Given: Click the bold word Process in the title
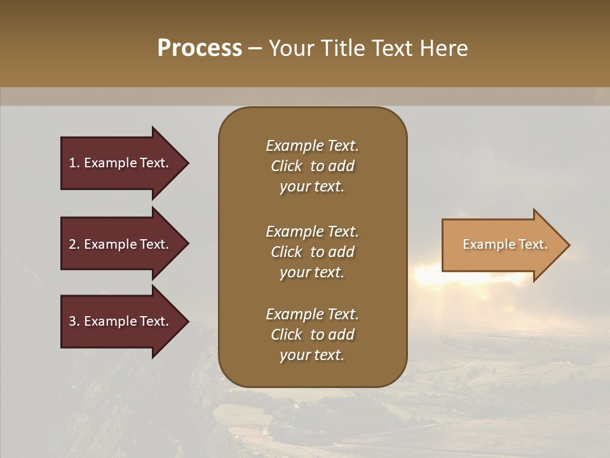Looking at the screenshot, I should tap(200, 48).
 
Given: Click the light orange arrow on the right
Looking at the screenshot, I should tap(502, 245).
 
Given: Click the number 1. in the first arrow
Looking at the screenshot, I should tap(74, 163).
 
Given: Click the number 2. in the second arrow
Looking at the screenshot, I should tap(74, 244).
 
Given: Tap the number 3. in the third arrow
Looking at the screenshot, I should tap(74, 321).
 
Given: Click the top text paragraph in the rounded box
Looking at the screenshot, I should tap(312, 166).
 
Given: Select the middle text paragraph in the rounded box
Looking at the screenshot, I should tap(312, 251).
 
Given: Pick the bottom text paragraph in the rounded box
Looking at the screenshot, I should tap(312, 335).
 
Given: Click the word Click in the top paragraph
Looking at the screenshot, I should tap(286, 166).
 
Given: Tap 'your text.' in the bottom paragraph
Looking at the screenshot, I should tap(312, 355).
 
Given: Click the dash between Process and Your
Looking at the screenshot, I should tap(255, 49).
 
